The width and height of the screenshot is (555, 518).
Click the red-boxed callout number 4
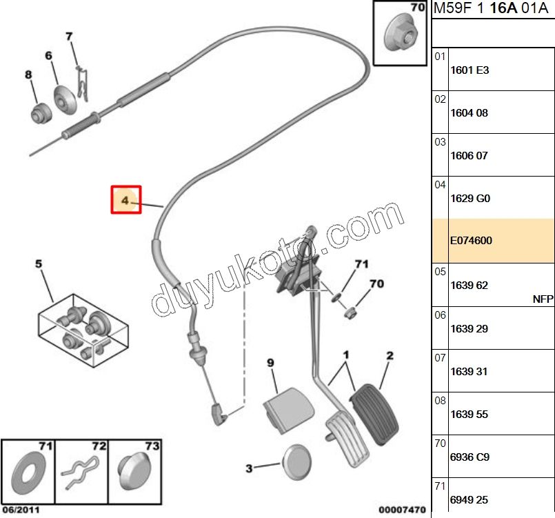(x=126, y=200)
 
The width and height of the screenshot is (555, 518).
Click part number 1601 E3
(x=469, y=70)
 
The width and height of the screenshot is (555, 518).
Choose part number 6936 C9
(x=469, y=457)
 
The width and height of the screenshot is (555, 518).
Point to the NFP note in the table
(x=543, y=299)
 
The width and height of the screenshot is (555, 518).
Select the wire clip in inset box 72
(x=81, y=476)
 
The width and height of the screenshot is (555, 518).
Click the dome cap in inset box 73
(x=134, y=475)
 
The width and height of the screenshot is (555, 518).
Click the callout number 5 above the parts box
(x=39, y=263)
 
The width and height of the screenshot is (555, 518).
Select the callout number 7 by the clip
(x=69, y=36)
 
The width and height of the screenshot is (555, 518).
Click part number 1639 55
(x=469, y=415)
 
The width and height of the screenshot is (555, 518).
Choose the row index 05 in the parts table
(x=441, y=272)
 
